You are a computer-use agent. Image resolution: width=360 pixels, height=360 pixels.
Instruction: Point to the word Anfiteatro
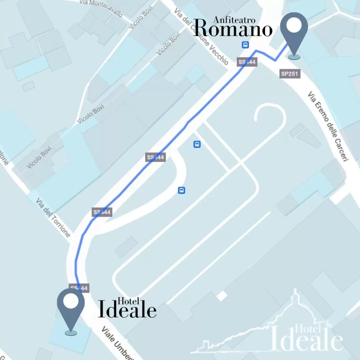234,20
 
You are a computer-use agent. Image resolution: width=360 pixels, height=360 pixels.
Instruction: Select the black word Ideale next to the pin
127,310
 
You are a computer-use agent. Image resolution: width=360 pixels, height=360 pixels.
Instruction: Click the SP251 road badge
290,74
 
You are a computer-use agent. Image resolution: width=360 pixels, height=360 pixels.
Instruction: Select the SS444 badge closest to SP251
247,62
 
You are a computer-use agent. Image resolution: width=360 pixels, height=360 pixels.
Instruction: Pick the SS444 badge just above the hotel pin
79,288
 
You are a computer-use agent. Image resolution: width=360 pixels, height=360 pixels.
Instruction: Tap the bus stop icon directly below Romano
245,45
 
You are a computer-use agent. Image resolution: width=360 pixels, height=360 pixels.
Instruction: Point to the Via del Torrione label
53,218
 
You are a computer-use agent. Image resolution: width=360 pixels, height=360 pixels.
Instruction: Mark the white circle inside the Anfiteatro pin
294,25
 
